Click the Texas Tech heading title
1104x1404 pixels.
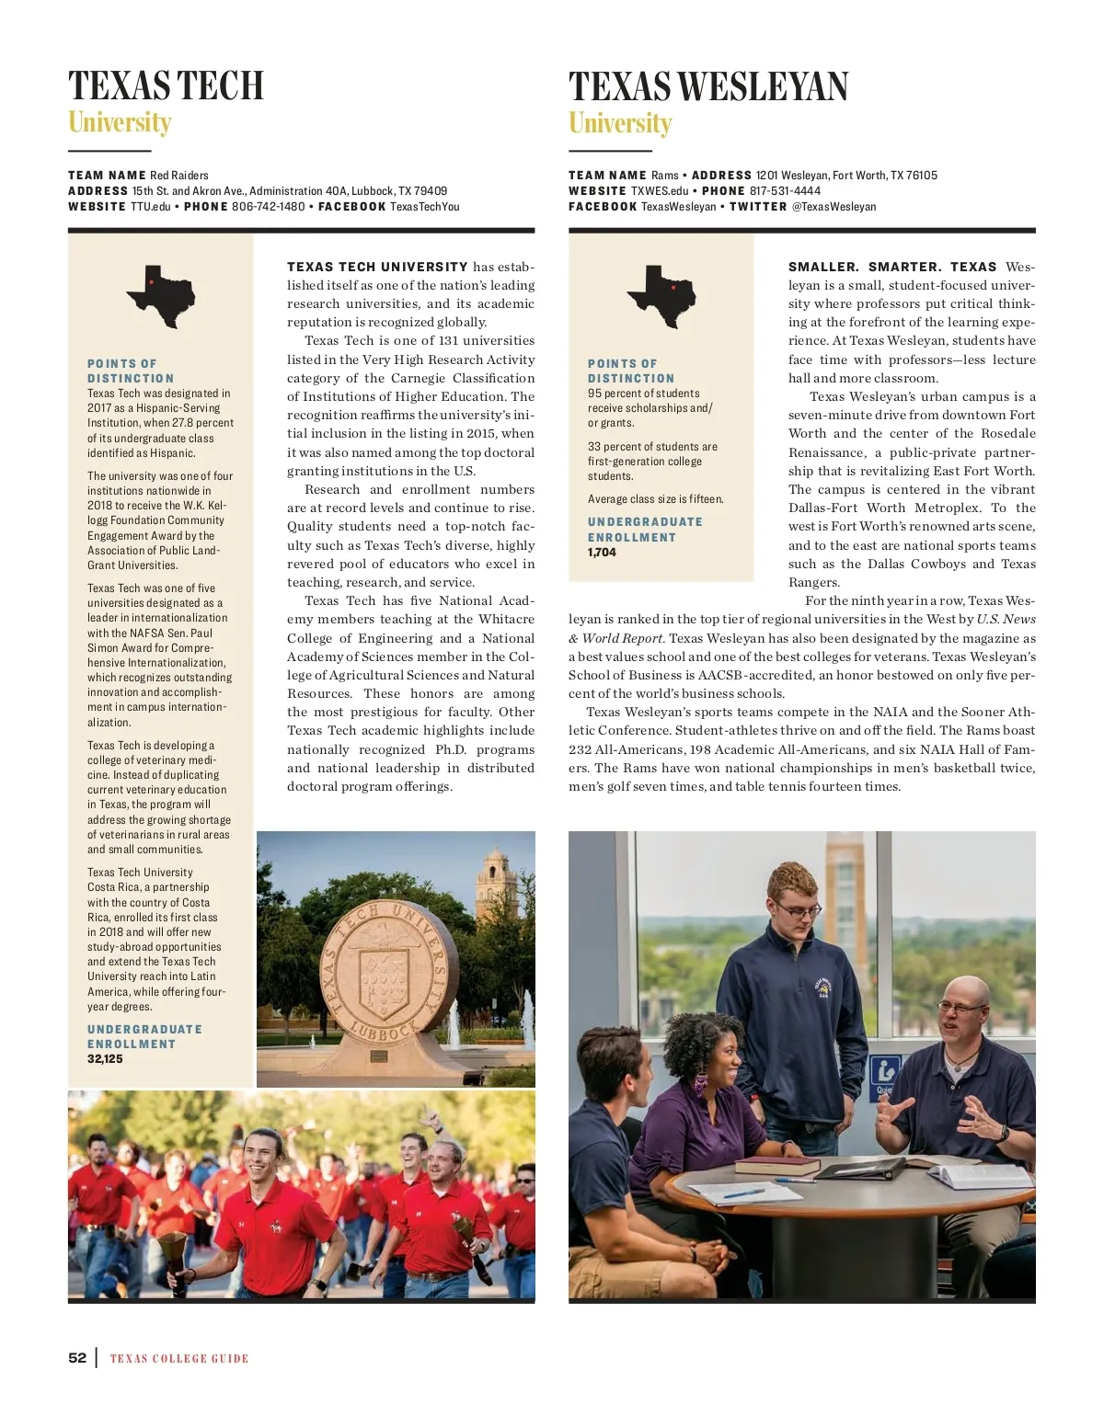(x=166, y=86)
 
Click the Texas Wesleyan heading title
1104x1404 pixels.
(x=708, y=87)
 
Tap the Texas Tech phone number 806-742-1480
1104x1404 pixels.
(x=268, y=207)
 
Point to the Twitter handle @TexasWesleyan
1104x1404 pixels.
(x=834, y=207)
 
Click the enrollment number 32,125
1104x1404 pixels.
(x=105, y=1059)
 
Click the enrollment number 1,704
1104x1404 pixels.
(x=602, y=553)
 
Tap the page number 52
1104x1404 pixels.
(x=77, y=1358)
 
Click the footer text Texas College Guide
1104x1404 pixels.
(x=179, y=1359)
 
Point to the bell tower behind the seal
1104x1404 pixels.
(x=496, y=883)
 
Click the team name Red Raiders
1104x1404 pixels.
(x=179, y=176)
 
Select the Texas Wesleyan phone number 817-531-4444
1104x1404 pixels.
(x=785, y=191)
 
